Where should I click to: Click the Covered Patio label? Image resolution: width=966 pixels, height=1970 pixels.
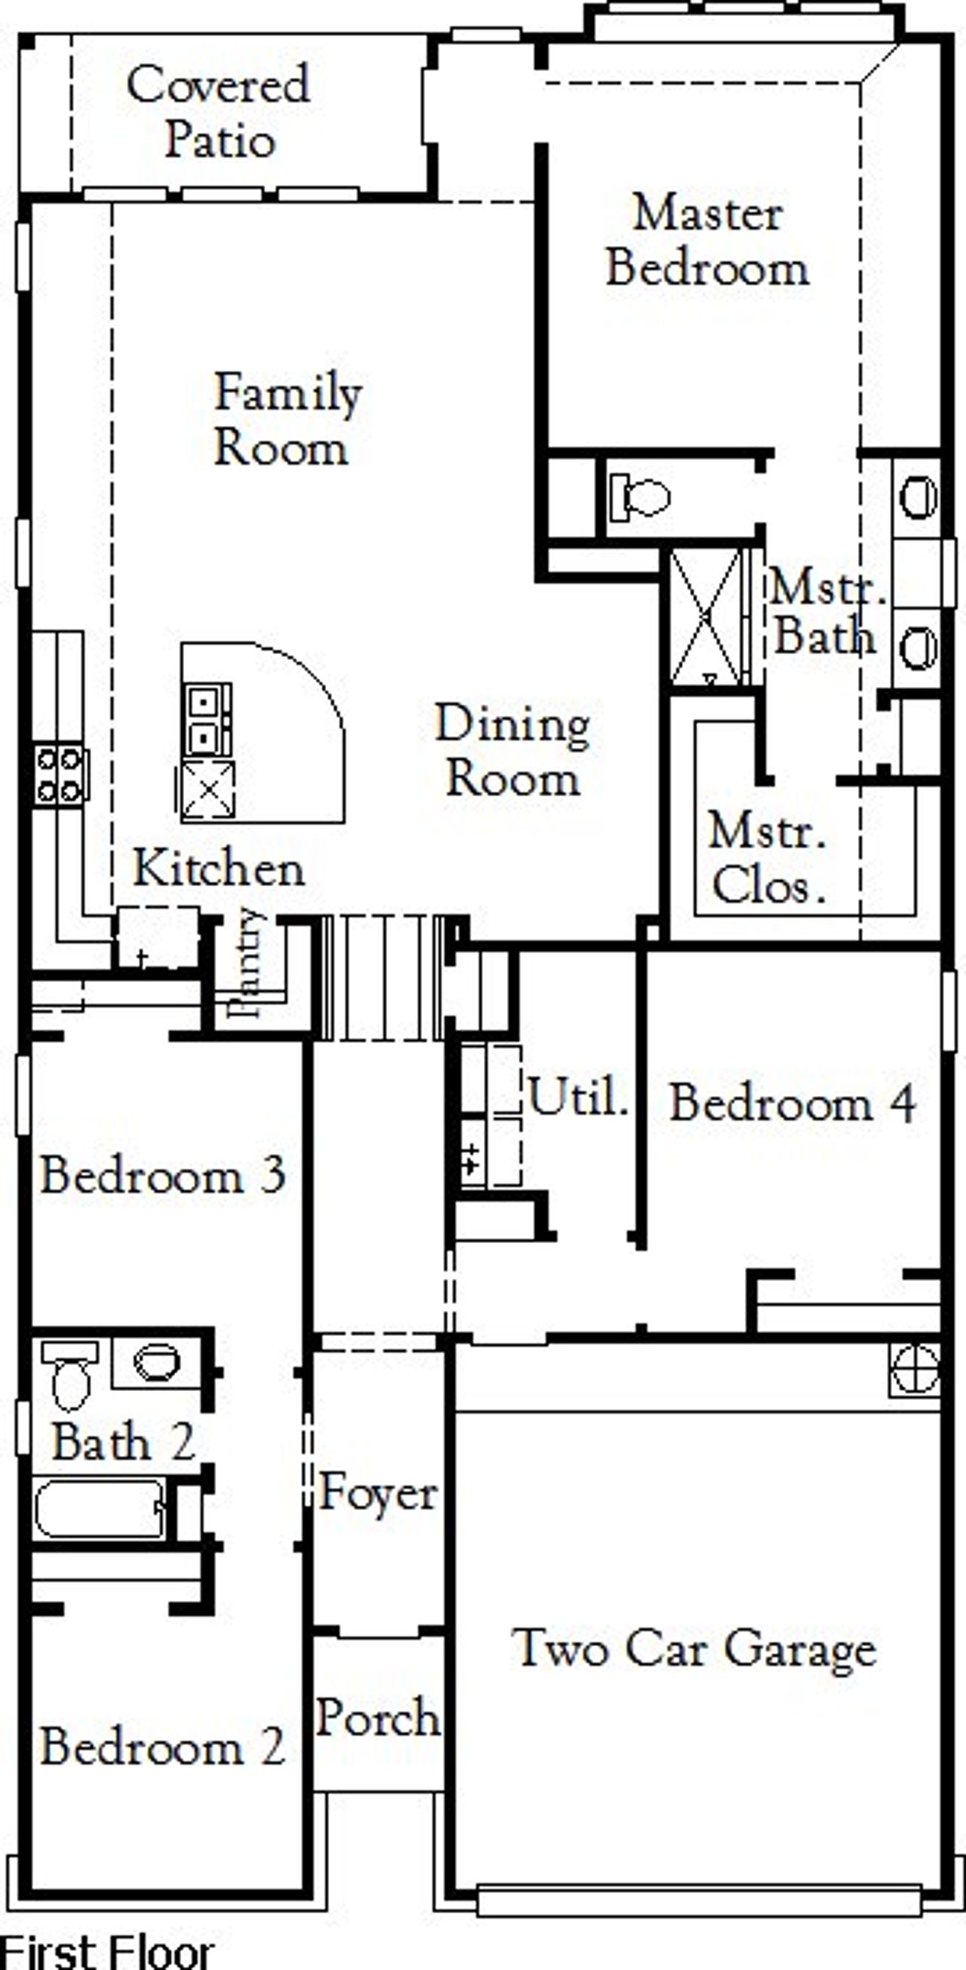[219, 112]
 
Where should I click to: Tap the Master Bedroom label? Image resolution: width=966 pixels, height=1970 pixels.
[707, 241]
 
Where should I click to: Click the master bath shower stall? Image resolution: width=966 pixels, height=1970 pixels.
[705, 617]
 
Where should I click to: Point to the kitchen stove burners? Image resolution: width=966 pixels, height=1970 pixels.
[60, 774]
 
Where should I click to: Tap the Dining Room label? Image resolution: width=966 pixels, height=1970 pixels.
[512, 751]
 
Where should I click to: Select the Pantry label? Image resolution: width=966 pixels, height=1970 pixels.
[249, 963]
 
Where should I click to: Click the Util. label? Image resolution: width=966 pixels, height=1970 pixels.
[578, 1097]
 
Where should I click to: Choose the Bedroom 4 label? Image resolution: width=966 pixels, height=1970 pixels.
[792, 1104]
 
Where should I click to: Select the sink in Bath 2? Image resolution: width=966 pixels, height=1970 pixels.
[157, 1362]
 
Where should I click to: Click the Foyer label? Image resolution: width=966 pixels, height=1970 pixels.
[378, 1492]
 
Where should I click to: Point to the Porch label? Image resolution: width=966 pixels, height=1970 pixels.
[378, 1718]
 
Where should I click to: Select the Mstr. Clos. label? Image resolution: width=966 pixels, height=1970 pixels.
[768, 858]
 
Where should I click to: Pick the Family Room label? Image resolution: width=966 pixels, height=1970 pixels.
[286, 419]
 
